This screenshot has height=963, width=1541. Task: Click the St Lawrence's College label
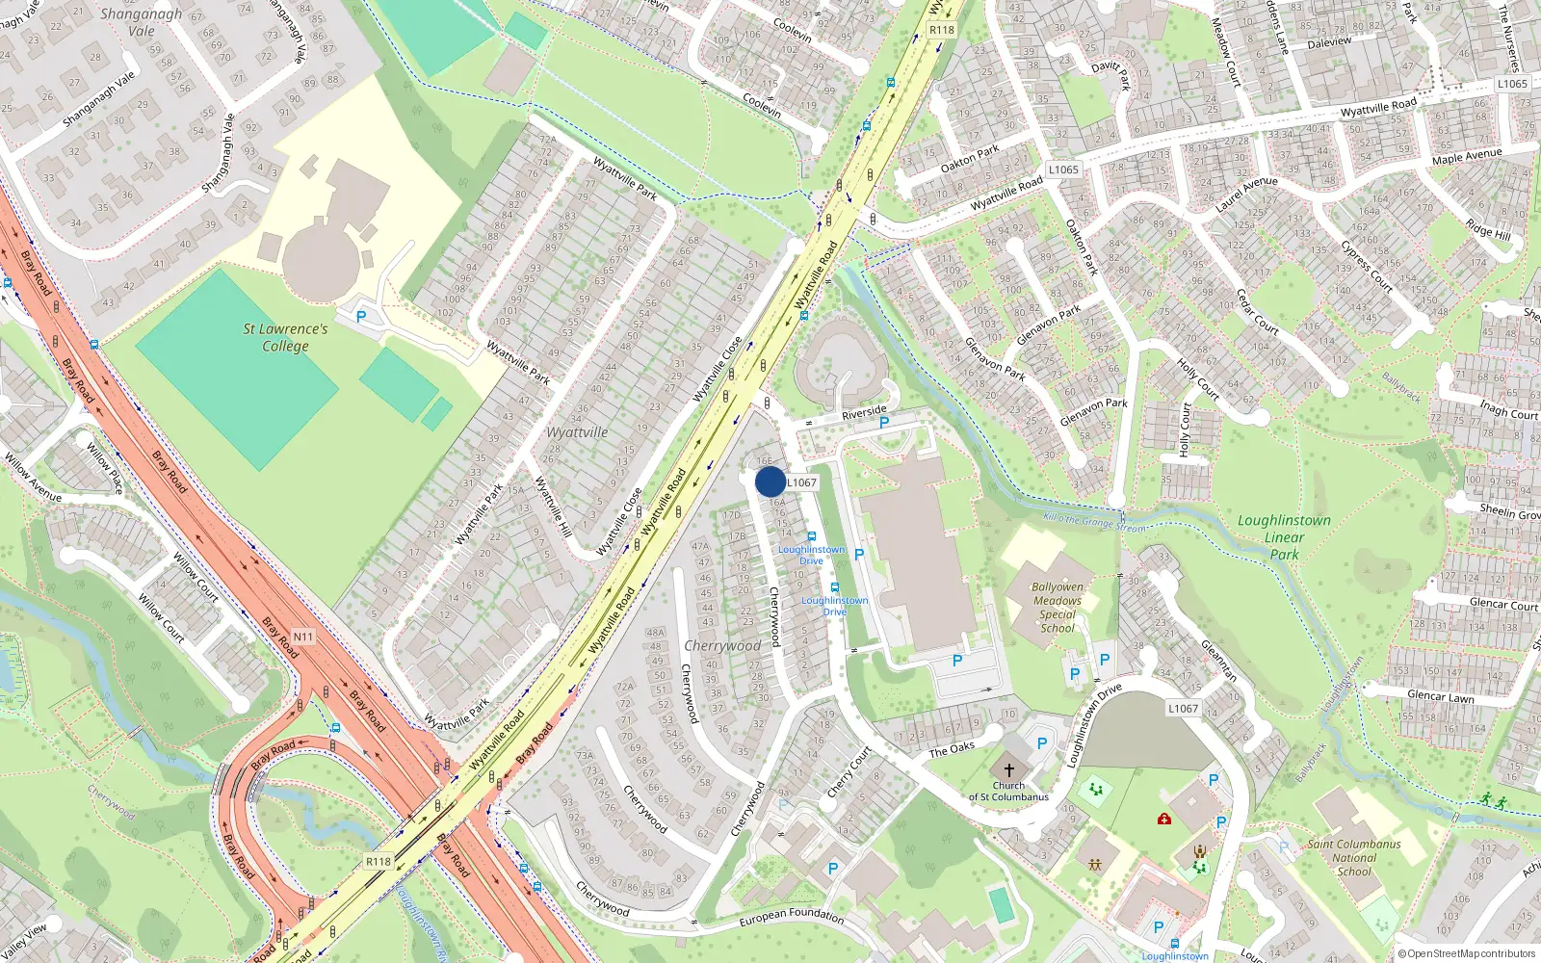pyautogui.click(x=285, y=337)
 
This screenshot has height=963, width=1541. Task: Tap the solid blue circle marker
pyautogui.click(x=770, y=481)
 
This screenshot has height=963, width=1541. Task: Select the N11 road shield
pyautogui.click(x=303, y=637)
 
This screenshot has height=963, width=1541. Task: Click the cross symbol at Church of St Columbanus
pyautogui.click(x=1009, y=770)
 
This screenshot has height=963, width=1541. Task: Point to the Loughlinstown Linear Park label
pyautogui.click(x=1284, y=536)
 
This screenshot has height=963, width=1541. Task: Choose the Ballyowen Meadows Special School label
pyautogui.click(x=1058, y=607)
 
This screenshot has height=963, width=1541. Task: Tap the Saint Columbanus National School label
pyautogui.click(x=1354, y=857)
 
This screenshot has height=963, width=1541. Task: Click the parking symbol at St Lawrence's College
pyautogui.click(x=361, y=316)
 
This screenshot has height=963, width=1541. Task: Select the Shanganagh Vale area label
pyautogui.click(x=141, y=22)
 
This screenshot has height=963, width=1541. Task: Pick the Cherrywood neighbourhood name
pyautogui.click(x=722, y=646)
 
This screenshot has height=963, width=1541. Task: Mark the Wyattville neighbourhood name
pyautogui.click(x=577, y=432)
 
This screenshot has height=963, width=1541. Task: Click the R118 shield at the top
pyautogui.click(x=942, y=30)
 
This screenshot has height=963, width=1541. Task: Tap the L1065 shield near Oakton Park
pyautogui.click(x=1063, y=169)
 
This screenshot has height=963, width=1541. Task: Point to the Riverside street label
pyautogui.click(x=864, y=412)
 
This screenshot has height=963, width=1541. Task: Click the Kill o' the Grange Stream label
pyautogui.click(x=1095, y=522)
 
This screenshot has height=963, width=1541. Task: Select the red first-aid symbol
pyautogui.click(x=1163, y=819)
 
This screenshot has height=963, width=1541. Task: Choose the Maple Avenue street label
pyautogui.click(x=1466, y=156)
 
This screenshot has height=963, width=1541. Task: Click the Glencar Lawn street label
pyautogui.click(x=1440, y=696)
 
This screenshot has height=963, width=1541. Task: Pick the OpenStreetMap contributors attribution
pyautogui.click(x=1467, y=953)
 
